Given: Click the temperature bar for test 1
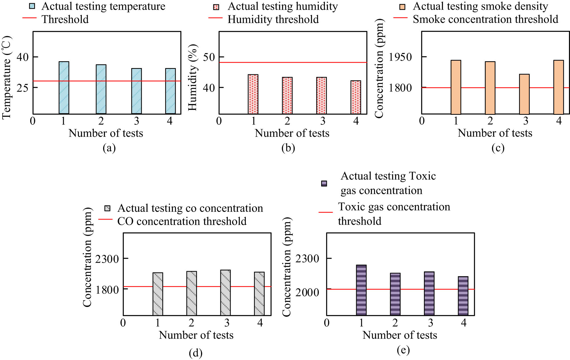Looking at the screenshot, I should [x=64, y=88].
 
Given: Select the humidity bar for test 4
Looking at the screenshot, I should [x=356, y=97].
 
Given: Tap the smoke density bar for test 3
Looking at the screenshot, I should [x=524, y=94].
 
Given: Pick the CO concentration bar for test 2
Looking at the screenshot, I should [x=191, y=293].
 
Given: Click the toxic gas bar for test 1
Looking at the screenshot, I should [x=361, y=290].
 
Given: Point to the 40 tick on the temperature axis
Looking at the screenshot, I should [x=23, y=57].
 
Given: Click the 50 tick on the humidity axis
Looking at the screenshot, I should [x=209, y=57].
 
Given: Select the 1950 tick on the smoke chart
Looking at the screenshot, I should [x=400, y=57].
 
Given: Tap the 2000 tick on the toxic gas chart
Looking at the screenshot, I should [x=307, y=292].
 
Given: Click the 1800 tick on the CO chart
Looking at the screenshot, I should [x=107, y=290].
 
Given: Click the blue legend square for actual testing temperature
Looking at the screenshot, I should [x=32, y=6].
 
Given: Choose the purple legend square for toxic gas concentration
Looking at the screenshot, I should [x=324, y=183].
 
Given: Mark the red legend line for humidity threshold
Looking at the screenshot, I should [x=215, y=18].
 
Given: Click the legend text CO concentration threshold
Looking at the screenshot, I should [x=182, y=221].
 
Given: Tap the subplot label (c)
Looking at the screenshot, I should [x=498, y=148].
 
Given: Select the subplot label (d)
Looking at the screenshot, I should [x=196, y=353].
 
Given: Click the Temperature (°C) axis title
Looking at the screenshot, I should [x=6, y=77].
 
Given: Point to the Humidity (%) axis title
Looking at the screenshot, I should [x=192, y=77].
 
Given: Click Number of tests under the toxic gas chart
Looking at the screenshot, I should [x=400, y=335].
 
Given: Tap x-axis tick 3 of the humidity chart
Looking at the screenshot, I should [x=322, y=121].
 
